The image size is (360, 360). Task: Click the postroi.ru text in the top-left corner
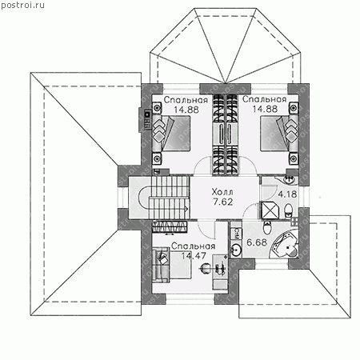click(22, 5)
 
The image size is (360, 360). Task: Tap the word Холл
click(222, 192)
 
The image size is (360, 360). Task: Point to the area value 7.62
click(223, 202)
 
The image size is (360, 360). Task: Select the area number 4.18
click(287, 194)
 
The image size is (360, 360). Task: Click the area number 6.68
click(257, 242)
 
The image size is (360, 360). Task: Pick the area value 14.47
click(194, 256)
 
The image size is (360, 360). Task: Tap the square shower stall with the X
click(270, 210)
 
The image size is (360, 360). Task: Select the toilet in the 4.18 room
click(288, 210)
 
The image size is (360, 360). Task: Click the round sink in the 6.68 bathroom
click(236, 250)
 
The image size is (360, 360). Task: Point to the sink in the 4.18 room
click(289, 180)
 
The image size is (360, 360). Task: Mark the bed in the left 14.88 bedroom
click(172, 134)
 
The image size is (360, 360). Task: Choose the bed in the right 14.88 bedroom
click(279, 134)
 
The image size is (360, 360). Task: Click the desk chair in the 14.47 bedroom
click(206, 268)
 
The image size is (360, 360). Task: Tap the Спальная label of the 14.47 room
click(193, 246)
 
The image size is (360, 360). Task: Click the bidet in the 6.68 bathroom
click(267, 226)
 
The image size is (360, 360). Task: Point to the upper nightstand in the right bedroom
click(294, 108)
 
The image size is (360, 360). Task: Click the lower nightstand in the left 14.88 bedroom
click(157, 158)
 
